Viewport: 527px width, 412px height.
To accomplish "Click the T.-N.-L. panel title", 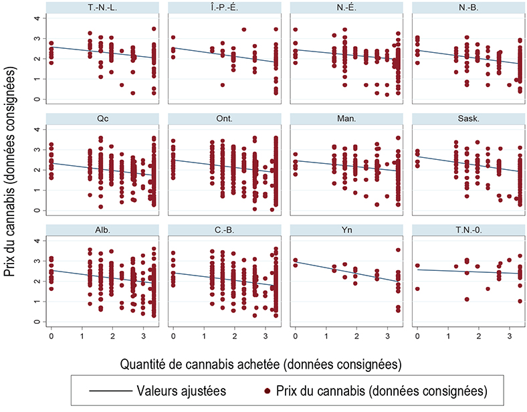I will pos(100,7).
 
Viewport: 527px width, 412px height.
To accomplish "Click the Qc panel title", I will pos(100,118).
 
